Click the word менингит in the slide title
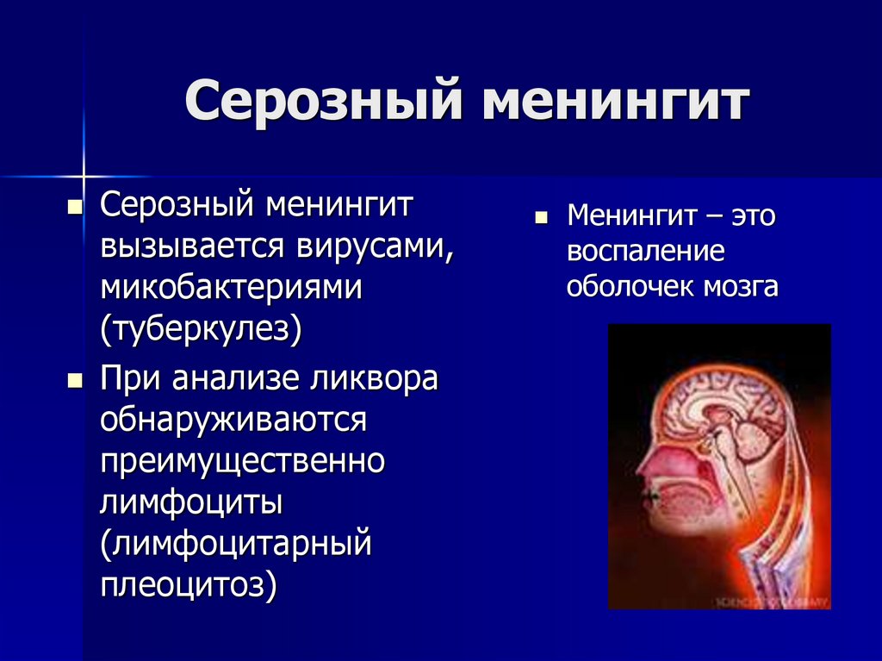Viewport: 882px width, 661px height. coord(612,102)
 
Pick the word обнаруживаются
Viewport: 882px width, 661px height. coord(234,421)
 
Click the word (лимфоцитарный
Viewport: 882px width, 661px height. coord(236,545)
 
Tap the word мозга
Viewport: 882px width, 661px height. coord(739,286)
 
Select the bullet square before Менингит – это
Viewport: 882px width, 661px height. coord(541,217)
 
